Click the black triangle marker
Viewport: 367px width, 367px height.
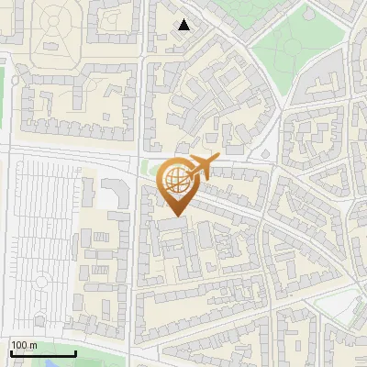pyautogui.click(x=185, y=25)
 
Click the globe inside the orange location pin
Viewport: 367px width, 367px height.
pyautogui.click(x=175, y=178)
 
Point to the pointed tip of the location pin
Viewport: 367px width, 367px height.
pyautogui.click(x=175, y=216)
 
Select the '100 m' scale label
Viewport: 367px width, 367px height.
pyautogui.click(x=23, y=345)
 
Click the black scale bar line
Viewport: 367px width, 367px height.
pyautogui.click(x=42, y=353)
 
